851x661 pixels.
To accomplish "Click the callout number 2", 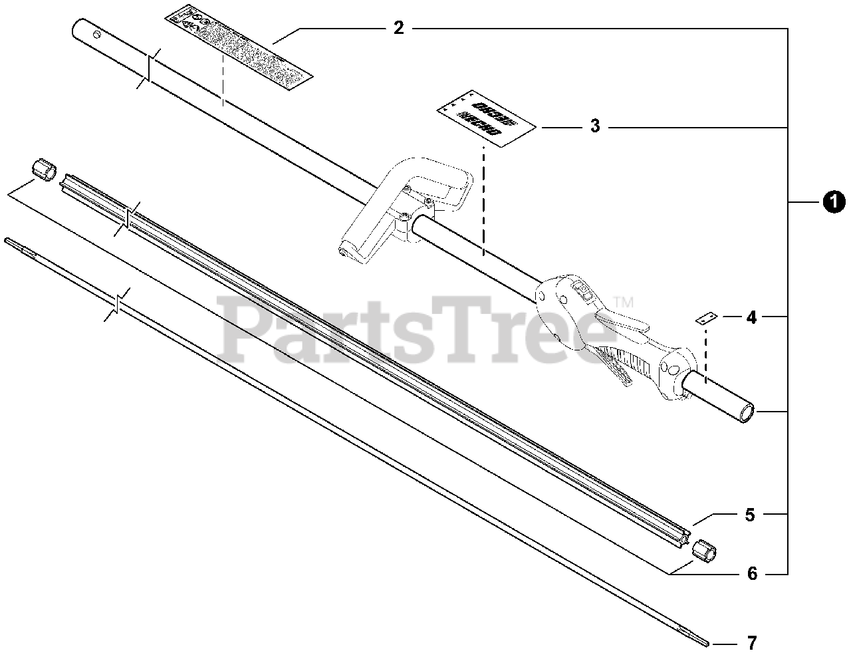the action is [398, 29].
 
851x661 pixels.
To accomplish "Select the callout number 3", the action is [595, 126].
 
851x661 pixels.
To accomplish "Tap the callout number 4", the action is [751, 317].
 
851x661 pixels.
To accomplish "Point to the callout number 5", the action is [750, 515].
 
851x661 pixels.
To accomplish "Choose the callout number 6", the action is [752, 573].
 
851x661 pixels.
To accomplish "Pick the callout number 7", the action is [752, 643].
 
